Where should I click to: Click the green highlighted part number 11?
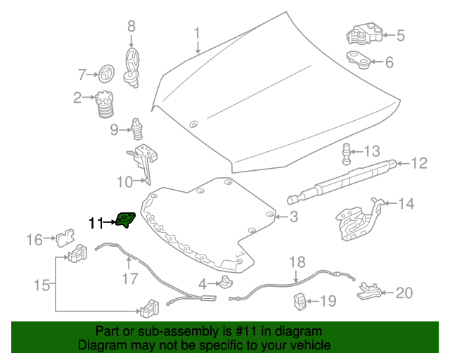125,220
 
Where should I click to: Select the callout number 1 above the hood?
197,33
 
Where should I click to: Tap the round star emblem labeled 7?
107,73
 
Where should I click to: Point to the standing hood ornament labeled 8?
132,67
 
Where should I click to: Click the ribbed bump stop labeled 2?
105,104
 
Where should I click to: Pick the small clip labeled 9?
136,129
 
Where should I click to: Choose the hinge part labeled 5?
364,34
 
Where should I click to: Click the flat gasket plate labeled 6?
358,60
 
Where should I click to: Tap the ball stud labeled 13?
347,154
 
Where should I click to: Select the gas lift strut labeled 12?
342,182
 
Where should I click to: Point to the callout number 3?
294,217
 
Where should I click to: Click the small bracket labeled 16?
65,238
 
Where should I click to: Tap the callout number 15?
42,285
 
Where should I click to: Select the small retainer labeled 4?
226,282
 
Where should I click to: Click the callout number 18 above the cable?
297,262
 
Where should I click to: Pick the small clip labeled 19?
300,302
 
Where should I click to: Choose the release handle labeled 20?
369,291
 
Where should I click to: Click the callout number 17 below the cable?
130,278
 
